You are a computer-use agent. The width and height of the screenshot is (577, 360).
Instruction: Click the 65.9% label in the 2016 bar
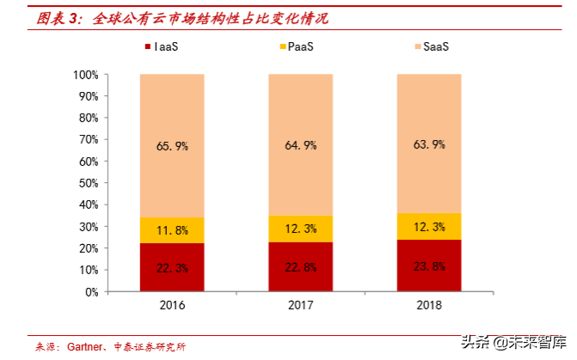[171, 146]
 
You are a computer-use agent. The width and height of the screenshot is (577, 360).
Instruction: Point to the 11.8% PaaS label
[171, 230]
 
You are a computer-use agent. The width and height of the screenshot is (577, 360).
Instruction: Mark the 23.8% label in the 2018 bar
[428, 267]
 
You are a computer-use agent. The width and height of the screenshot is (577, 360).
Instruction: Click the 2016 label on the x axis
[171, 306]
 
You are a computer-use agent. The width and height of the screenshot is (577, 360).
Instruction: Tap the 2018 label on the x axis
[428, 306]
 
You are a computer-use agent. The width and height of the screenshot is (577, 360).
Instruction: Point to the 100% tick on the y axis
[86, 75]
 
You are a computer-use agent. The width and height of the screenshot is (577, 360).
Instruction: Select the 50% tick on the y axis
[89, 184]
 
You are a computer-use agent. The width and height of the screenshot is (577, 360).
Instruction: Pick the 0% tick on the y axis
[92, 292]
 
